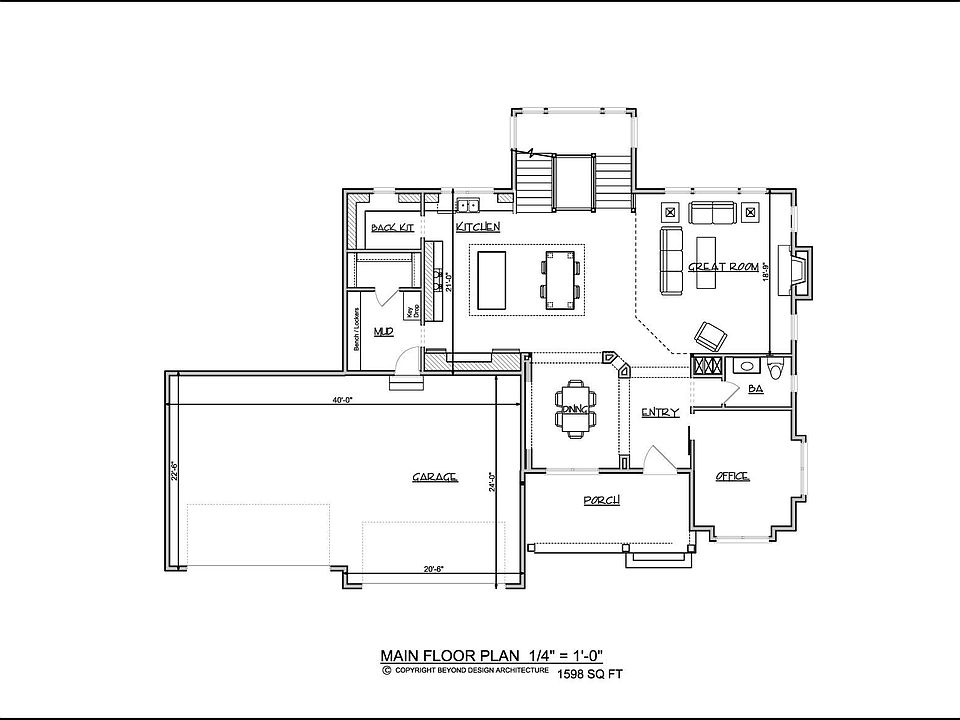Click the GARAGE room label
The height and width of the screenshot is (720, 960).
[x=435, y=478]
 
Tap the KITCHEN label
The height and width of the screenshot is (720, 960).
[x=478, y=228]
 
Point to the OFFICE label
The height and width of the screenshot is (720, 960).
[x=732, y=477]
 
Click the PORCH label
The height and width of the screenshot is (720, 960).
[x=602, y=500]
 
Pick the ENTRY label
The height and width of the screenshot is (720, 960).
[x=661, y=413]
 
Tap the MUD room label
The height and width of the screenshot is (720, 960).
[x=383, y=331]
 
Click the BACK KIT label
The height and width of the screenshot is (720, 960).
[x=392, y=228]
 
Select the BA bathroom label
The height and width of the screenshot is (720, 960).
[x=755, y=389]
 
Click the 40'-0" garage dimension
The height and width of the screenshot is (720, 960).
[x=344, y=400]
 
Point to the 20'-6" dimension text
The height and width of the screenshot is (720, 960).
[x=433, y=570]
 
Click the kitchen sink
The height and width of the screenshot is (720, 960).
[x=468, y=207]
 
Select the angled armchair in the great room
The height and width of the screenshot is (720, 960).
[x=711, y=335]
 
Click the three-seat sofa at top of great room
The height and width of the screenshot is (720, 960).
[x=711, y=212]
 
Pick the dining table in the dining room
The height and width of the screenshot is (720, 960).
[x=576, y=407]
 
